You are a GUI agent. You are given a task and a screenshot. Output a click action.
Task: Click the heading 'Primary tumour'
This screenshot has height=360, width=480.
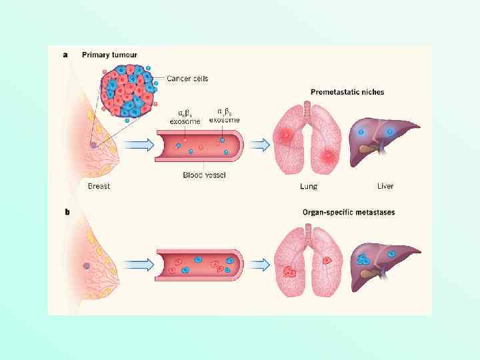[110, 55]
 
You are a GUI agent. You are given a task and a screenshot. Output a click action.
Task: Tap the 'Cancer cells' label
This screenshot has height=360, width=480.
[187, 79]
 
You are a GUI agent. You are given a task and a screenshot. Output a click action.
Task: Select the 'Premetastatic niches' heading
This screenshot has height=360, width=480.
[347, 91]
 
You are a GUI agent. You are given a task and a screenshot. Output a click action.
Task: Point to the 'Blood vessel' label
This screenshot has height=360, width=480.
[204, 175]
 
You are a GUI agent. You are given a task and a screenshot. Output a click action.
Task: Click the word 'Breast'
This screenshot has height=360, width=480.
[99, 187]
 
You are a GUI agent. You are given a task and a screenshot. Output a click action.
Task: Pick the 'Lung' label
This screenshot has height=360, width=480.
[308, 187]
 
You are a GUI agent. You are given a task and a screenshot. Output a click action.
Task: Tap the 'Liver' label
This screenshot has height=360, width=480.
[385, 186]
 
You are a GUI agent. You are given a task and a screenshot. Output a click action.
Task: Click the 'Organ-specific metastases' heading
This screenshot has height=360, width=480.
[348, 213]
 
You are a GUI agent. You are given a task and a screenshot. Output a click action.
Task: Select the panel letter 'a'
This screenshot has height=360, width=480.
[65, 55]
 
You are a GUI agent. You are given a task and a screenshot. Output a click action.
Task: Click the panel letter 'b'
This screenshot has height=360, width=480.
[66, 213]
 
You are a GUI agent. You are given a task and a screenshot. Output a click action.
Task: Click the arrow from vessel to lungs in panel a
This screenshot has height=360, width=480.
[261, 144]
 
